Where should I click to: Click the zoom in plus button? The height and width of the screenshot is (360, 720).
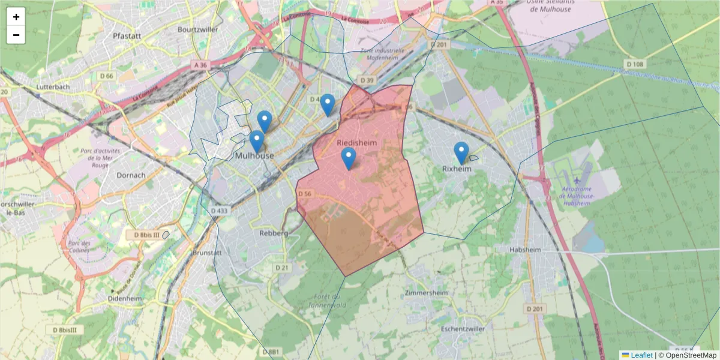[x=16, y=17]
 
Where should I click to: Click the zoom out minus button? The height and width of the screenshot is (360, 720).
[x=16, y=35]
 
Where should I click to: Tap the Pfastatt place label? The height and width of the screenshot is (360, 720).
[x=127, y=36]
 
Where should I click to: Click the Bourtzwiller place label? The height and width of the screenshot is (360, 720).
[x=197, y=29]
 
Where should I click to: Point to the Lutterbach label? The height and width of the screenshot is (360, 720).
[x=54, y=86]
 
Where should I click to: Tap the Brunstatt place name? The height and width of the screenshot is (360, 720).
[x=207, y=253]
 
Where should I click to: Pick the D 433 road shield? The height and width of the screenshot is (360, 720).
[x=220, y=211]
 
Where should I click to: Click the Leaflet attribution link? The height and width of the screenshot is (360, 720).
[x=641, y=355]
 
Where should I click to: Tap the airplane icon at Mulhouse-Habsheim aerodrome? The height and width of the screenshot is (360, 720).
[x=577, y=179]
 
